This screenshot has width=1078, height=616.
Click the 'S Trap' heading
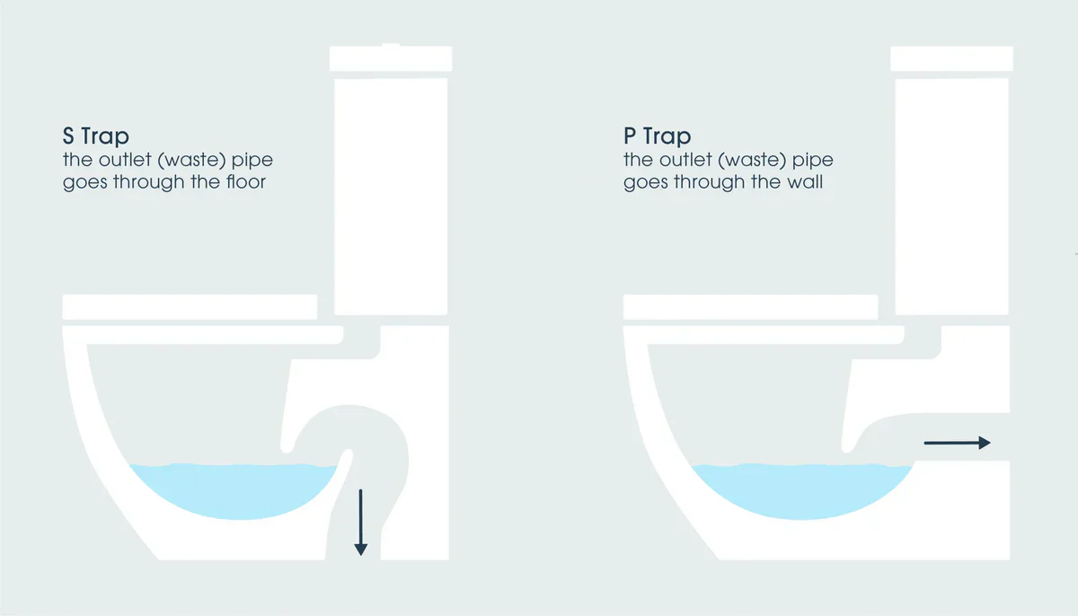tap(96, 136)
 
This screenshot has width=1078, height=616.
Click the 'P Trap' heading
tap(658, 136)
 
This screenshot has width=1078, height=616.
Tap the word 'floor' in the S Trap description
tap(246, 181)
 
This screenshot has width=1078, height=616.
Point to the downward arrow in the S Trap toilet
tap(360, 523)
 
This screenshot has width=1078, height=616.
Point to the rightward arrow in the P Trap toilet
tap(958, 443)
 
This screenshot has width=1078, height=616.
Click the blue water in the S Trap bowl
tap(234, 490)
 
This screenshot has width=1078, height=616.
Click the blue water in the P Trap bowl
tap(801, 490)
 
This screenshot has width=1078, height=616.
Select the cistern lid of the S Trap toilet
tap(391, 58)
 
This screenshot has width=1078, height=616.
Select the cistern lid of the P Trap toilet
tap(951, 58)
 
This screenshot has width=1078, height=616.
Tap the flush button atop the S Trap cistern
tap(391, 45)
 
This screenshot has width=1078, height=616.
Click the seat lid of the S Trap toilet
tap(190, 307)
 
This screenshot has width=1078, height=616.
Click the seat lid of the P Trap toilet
tap(751, 307)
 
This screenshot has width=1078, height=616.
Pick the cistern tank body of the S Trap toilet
tap(391, 197)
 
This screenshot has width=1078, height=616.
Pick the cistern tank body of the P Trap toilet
tap(951, 197)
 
